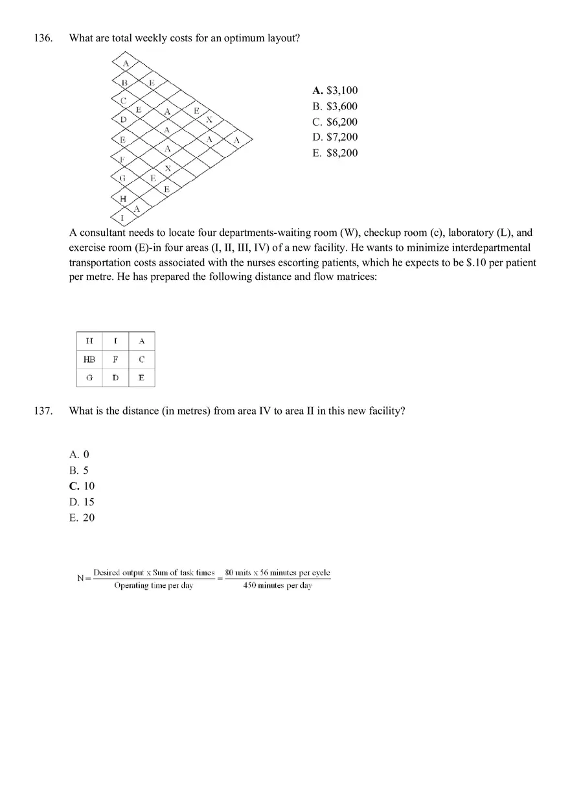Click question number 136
tap(43, 38)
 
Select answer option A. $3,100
tap(334, 91)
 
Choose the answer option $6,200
tap(334, 122)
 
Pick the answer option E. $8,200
tap(334, 153)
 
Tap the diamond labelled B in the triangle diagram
tap(125, 83)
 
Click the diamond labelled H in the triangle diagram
tap(123, 198)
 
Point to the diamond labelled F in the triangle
tap(122, 159)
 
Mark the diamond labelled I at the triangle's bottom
tap(122, 218)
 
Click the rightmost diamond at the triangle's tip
tap(236, 140)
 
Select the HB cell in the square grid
tap(89, 359)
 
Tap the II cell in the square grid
tap(89, 341)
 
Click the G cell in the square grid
tap(89, 377)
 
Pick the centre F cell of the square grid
tap(115, 359)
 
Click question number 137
tap(43, 411)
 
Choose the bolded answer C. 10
tap(82, 486)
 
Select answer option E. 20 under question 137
tap(82, 518)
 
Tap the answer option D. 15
tap(82, 502)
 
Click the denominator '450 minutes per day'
tap(277, 586)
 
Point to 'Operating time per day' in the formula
tap(154, 586)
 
